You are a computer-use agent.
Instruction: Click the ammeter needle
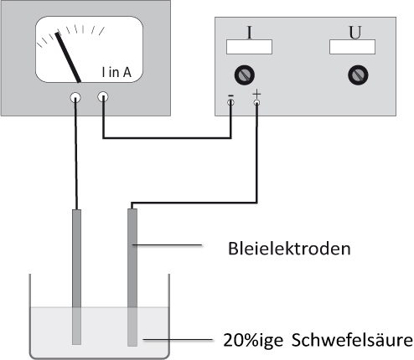(x=68, y=58)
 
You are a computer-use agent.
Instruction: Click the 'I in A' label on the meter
(x=116, y=72)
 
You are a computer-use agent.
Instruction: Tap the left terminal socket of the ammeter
(x=75, y=98)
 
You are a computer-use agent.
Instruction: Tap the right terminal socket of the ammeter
(x=103, y=97)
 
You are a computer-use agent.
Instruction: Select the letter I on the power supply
(x=250, y=32)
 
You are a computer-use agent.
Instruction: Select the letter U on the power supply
(x=355, y=33)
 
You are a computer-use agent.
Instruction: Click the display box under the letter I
(x=249, y=47)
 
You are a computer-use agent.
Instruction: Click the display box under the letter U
(x=352, y=47)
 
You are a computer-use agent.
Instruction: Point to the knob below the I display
(x=244, y=75)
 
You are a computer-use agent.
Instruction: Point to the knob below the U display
(x=358, y=75)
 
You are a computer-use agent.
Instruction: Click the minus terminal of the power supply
(x=230, y=102)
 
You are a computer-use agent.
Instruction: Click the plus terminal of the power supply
(x=256, y=103)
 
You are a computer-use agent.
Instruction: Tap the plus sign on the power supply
(x=256, y=94)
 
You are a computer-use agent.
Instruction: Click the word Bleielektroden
(x=289, y=249)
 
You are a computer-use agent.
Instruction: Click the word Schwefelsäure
(x=352, y=340)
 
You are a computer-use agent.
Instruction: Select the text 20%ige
(x=253, y=340)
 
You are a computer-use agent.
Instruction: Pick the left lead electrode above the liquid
(x=76, y=259)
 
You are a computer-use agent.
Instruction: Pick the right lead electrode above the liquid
(x=132, y=258)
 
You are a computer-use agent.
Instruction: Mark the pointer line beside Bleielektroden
(x=167, y=245)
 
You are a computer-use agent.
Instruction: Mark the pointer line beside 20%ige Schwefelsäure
(x=178, y=340)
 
